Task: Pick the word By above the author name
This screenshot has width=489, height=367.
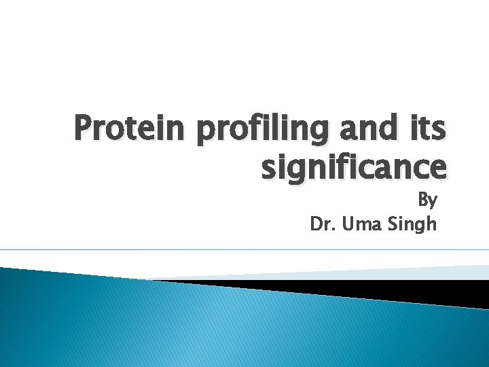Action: point(427,201)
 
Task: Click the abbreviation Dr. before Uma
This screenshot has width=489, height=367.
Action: point(324,224)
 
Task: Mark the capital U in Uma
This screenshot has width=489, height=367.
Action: point(350,224)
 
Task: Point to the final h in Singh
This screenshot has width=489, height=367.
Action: point(431,224)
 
